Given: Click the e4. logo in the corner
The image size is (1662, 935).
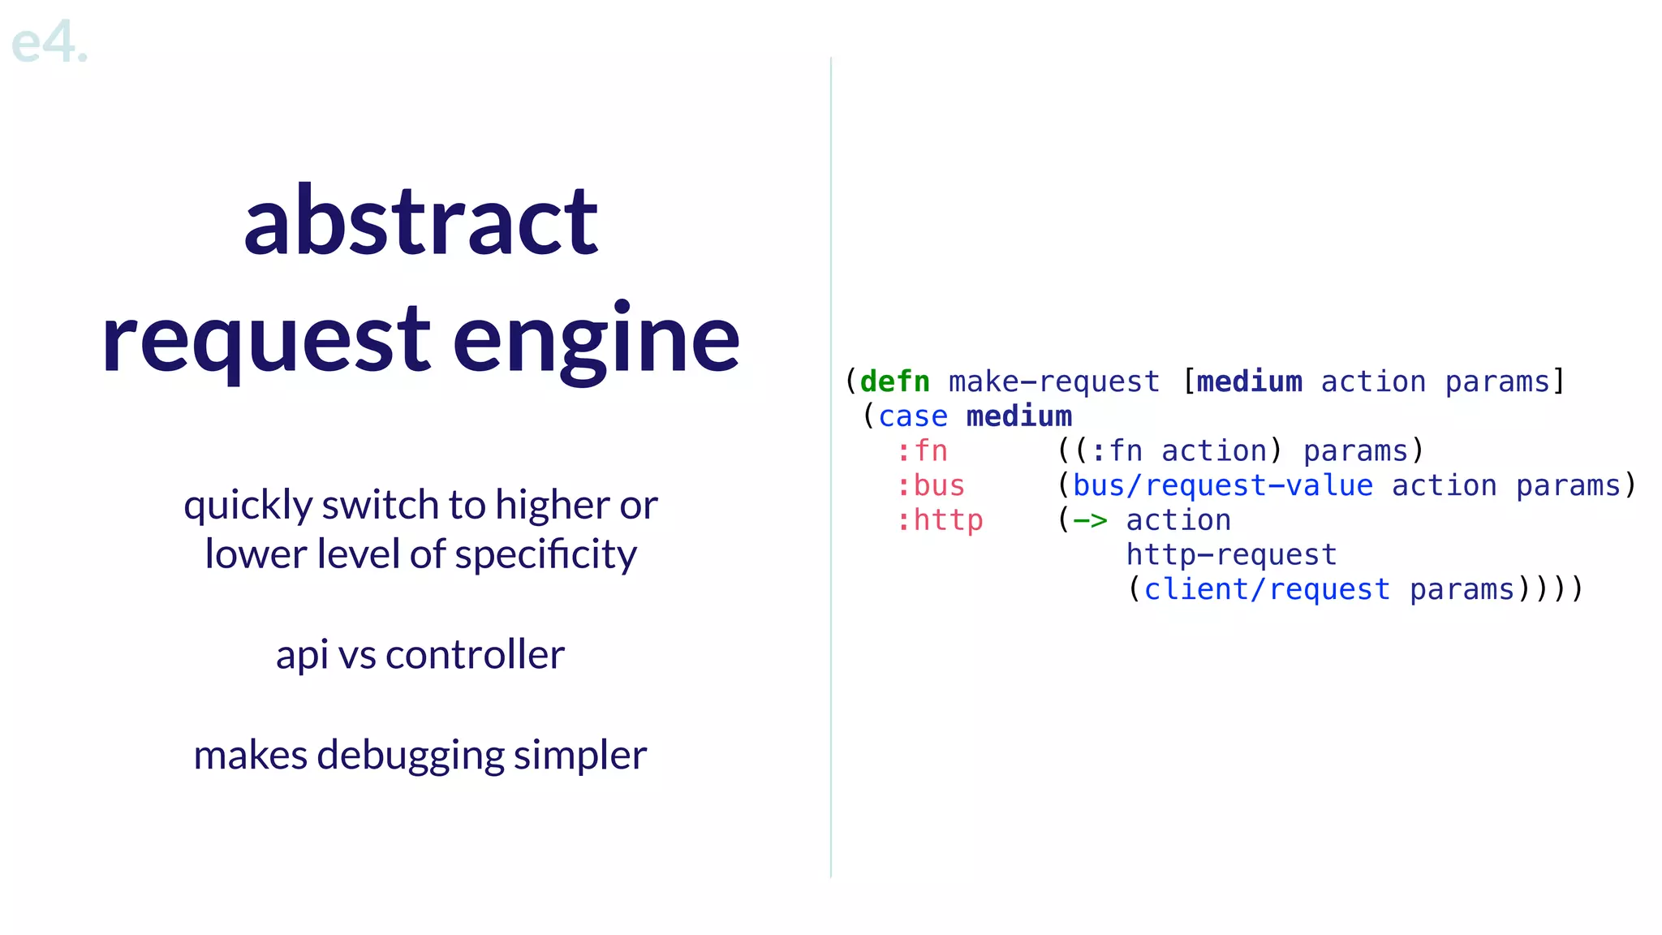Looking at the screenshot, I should click(49, 42).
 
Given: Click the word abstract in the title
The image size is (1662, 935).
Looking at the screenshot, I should click(420, 221).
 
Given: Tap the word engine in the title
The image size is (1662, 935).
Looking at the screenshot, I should click(596, 339).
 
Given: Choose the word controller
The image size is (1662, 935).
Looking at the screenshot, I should click(475, 655).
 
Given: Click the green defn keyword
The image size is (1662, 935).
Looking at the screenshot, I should click(894, 381).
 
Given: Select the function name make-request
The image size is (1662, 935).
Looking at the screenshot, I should click(1053, 381).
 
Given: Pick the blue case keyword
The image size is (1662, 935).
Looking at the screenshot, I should click(912, 416).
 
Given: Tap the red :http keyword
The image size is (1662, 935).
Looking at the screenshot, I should click(939, 520).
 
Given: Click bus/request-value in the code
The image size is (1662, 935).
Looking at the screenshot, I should click(1222, 485).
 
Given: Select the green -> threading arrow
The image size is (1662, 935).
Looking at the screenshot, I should click(1089, 520).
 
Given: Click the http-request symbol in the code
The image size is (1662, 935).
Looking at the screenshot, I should click(1230, 555).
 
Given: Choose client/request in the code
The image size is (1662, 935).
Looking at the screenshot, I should click(1266, 590).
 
